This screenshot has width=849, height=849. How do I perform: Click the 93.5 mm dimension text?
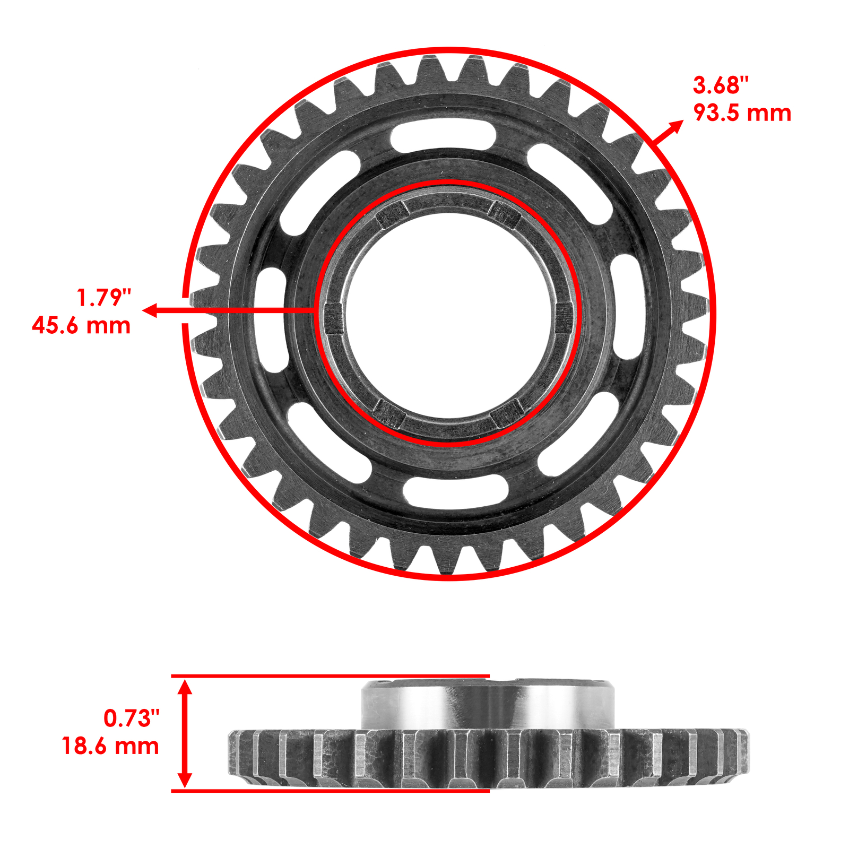tap(742, 113)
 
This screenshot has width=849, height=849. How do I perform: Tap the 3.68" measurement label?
tap(720, 85)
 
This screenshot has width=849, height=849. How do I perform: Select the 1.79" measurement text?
tap(104, 298)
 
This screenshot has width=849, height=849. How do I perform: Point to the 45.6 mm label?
tap(81, 325)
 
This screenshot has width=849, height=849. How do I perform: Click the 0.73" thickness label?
tap(132, 718)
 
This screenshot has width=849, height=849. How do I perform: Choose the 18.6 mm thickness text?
tap(110, 746)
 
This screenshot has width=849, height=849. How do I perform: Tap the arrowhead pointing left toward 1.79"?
tap(150, 310)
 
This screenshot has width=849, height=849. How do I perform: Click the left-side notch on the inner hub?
tap(333, 318)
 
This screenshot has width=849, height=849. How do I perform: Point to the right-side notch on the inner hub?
tap(563, 318)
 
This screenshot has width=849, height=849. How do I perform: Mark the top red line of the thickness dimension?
tap(329, 676)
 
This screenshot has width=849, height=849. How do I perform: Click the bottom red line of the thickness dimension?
tap(329, 791)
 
